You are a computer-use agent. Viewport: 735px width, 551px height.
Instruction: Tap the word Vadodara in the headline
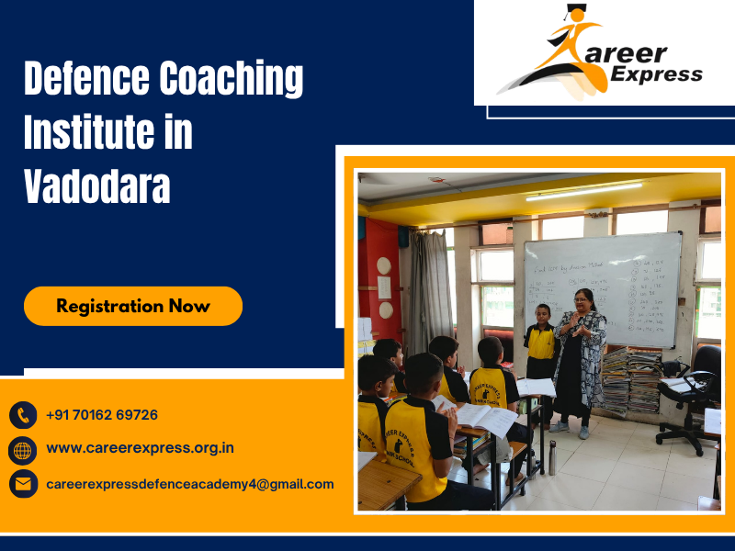click(x=96, y=186)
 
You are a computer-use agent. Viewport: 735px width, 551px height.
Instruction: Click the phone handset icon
click(x=23, y=415)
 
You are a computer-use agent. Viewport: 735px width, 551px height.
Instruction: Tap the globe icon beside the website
click(x=23, y=449)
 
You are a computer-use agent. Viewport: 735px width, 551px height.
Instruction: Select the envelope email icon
click(x=23, y=484)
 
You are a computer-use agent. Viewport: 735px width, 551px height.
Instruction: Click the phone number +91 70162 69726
click(x=102, y=415)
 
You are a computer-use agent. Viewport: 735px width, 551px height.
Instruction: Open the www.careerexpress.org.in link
click(x=140, y=449)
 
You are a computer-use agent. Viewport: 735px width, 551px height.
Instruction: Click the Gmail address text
click(x=189, y=484)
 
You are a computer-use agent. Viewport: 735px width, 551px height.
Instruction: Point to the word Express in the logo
click(x=660, y=74)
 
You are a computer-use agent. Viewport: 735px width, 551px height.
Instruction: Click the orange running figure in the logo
click(x=574, y=51)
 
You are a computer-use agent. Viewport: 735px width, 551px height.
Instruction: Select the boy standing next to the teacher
click(x=540, y=354)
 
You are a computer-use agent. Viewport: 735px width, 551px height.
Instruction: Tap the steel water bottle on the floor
click(x=552, y=456)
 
